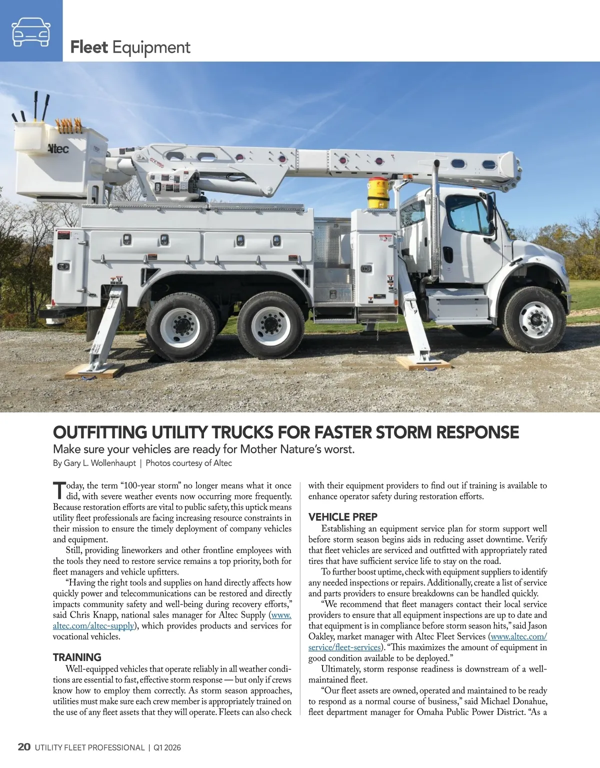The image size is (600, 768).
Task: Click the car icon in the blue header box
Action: (31, 31)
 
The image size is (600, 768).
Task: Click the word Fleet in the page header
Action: (89, 47)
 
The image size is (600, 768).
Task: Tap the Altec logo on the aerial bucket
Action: (58, 148)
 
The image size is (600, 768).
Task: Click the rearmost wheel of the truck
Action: (180, 325)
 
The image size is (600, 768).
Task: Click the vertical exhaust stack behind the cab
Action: (436, 225)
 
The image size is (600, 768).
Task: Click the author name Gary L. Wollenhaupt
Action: (99, 463)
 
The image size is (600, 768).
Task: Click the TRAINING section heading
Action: (77, 657)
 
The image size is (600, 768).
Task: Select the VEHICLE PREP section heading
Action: (342, 517)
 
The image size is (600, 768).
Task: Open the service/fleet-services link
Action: (344, 647)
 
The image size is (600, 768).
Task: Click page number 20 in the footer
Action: (24, 747)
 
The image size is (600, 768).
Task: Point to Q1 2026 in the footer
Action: (167, 747)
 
